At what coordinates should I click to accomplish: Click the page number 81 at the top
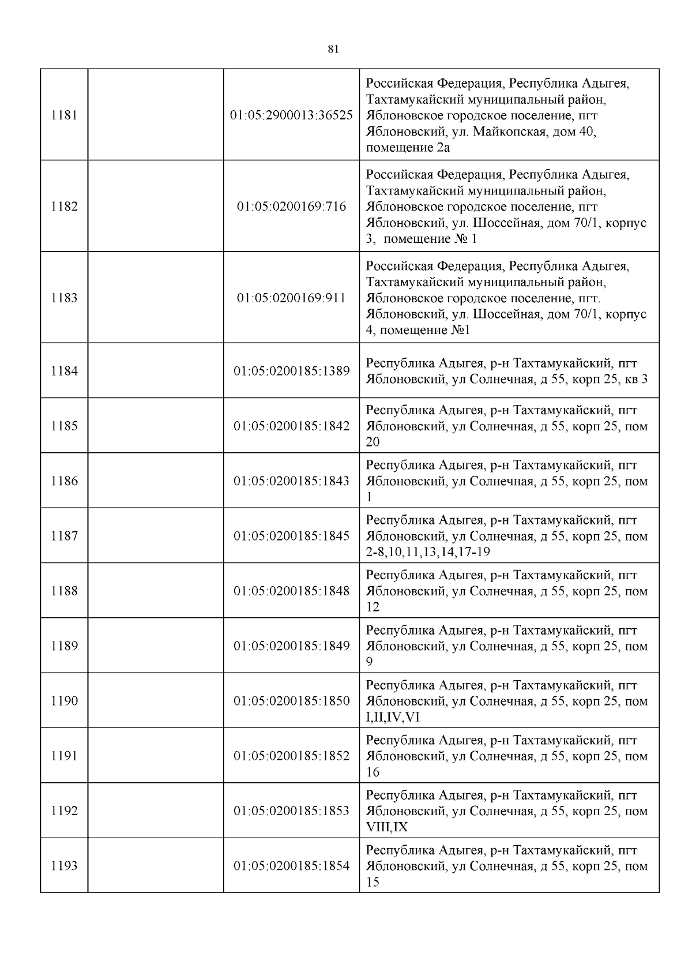click(x=333, y=50)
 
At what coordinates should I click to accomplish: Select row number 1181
click(x=64, y=115)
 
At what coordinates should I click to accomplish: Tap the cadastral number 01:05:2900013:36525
click(x=291, y=115)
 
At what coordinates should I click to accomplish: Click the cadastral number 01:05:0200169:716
click(x=291, y=207)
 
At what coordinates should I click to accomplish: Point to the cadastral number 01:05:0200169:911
click(x=291, y=298)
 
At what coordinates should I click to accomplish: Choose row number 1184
click(x=64, y=371)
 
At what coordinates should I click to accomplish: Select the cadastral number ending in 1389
click(x=291, y=371)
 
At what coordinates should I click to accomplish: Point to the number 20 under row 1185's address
click(x=373, y=442)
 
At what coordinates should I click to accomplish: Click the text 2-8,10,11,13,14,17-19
click(x=428, y=553)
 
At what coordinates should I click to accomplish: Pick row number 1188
click(x=64, y=591)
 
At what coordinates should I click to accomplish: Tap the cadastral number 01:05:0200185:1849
click(x=291, y=646)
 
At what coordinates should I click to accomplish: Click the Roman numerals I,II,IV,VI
click(x=393, y=718)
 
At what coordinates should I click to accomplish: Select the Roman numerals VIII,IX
click(x=387, y=827)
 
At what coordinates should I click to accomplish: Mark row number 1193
click(x=64, y=866)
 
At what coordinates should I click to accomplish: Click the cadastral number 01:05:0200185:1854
click(x=291, y=866)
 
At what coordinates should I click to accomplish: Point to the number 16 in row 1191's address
click(x=373, y=772)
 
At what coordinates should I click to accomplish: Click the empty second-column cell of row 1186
click(x=156, y=481)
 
